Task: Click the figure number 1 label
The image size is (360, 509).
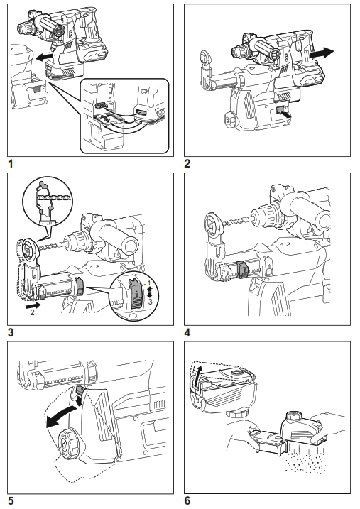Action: (x=11, y=163)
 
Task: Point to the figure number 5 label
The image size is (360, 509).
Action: (x=11, y=500)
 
